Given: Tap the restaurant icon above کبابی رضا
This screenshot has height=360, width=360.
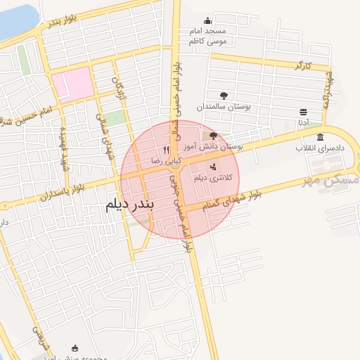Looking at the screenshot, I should point(167,149).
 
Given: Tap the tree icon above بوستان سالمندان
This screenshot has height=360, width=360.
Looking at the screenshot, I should point(224,96).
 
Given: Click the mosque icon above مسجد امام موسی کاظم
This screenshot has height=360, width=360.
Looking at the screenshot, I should point(207,21).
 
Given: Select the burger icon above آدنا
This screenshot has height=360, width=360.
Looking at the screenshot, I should point(303,112).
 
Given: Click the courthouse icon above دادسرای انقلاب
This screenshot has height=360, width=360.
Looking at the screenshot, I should point(321,137).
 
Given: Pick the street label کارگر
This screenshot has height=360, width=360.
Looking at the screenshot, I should point(302,66).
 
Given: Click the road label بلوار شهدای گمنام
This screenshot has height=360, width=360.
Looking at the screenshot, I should point(236,198).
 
